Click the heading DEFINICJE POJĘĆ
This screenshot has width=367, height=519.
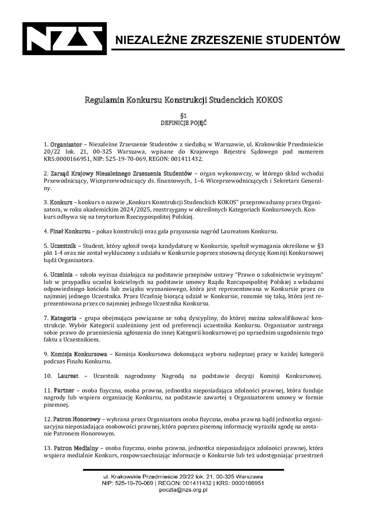click(x=184, y=123)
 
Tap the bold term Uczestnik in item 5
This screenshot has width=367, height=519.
click(x=63, y=246)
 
